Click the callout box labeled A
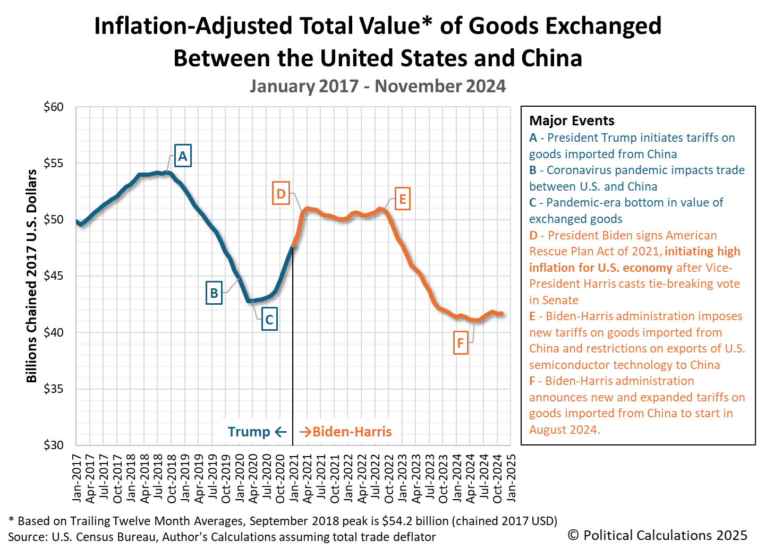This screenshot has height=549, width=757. click(183, 156)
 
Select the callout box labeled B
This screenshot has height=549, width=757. click(214, 293)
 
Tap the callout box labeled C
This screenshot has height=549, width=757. click(269, 320)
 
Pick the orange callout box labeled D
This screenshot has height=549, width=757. click(281, 194)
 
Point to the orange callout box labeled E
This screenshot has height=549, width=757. click(402, 199)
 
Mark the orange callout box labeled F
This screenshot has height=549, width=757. click(460, 344)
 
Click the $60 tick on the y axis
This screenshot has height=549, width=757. click(54, 107)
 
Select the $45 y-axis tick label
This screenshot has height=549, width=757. click(54, 276)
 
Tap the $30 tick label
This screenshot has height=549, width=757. click(54, 445)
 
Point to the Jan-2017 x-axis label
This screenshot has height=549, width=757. click(78, 477)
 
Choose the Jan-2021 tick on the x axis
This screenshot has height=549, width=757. click(294, 477)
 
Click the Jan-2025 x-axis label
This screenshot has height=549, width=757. click(511, 477)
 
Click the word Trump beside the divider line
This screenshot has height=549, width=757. click(249, 432)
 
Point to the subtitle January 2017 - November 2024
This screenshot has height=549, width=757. click(378, 86)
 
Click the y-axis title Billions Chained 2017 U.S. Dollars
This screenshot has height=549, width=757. click(32, 276)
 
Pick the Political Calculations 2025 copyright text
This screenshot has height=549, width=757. click(657, 535)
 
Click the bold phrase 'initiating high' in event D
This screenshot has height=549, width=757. click(702, 252)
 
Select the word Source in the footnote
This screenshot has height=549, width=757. click(27, 537)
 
